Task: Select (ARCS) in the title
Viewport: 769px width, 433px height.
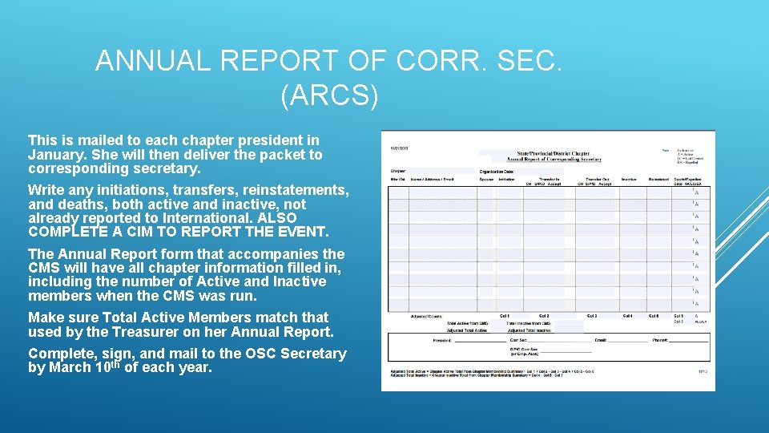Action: (329, 95)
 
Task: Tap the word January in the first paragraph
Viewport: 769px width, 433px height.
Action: (54, 155)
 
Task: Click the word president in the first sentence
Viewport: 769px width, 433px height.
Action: (265, 140)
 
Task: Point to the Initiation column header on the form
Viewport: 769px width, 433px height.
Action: (506, 179)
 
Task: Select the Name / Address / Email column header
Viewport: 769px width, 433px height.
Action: (432, 179)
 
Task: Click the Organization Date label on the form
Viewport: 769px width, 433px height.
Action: (497, 171)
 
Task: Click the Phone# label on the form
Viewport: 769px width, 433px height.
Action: (659, 341)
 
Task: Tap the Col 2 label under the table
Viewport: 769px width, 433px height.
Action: (543, 316)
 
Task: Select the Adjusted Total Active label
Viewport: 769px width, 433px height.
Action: (429, 330)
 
